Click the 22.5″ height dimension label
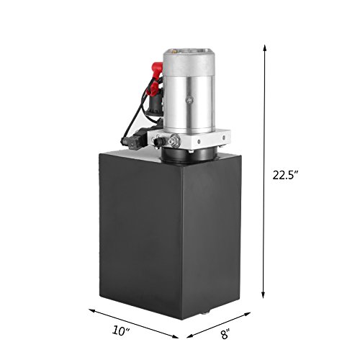pyautogui.click(x=285, y=176)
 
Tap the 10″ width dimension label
pyautogui.click(x=121, y=331)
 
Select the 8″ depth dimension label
pyautogui.click(x=225, y=334)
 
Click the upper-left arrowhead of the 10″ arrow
pyautogui.click(x=92, y=310)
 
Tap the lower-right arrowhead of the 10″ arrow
pyautogui.click(x=175, y=336)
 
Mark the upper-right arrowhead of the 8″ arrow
pyautogui.click(x=248, y=314)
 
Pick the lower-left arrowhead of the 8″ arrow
pyautogui.click(x=190, y=336)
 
